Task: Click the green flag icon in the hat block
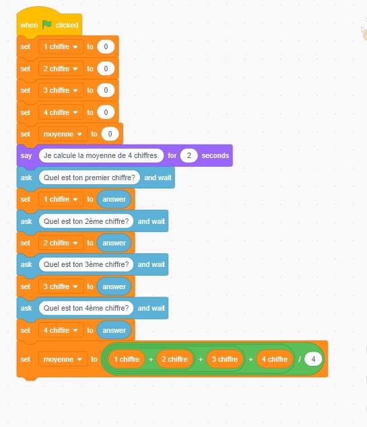click(47, 25)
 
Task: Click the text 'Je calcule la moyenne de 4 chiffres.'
click(101, 155)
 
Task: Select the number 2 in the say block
click(189, 155)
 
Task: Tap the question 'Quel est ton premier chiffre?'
click(90, 178)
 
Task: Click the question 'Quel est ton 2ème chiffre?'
click(86, 221)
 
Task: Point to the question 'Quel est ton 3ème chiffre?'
click(86, 264)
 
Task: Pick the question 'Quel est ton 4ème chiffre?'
click(86, 308)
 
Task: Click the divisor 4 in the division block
click(313, 359)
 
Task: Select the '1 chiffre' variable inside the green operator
click(127, 359)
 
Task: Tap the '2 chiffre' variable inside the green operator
click(175, 359)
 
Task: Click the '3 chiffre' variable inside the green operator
click(225, 359)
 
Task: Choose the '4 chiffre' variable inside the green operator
click(275, 359)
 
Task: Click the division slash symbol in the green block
click(300, 359)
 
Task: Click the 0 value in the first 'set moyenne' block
click(110, 134)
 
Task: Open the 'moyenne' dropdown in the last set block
click(63, 359)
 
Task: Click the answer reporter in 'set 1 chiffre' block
click(114, 199)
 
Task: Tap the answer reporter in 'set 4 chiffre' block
click(114, 330)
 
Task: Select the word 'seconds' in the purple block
click(215, 155)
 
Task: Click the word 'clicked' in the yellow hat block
click(67, 25)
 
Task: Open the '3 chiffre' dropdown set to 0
click(61, 90)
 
